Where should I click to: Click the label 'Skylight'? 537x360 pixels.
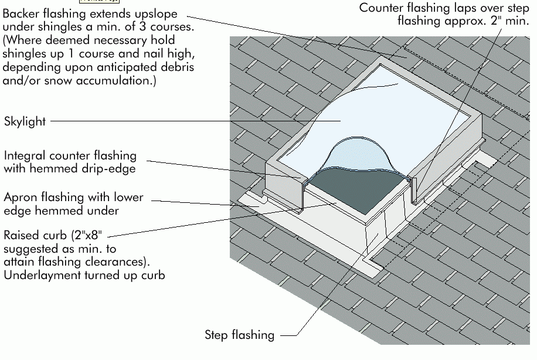tap(25, 122)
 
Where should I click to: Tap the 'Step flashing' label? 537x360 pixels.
tap(239, 335)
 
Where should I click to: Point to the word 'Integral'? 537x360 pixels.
tap(24, 156)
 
